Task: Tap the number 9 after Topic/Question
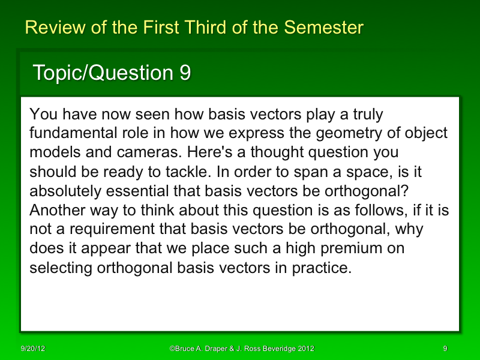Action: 185,73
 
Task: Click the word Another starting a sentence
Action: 56,209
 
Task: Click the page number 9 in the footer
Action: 445,349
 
